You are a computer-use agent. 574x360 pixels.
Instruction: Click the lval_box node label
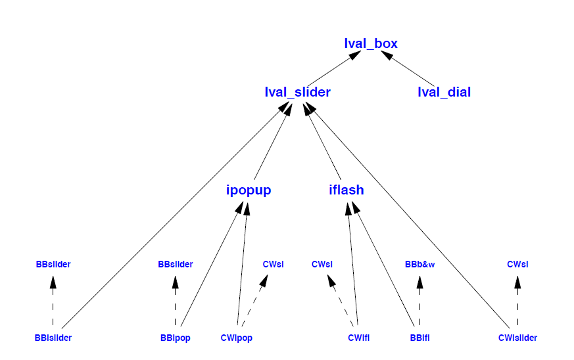pyautogui.click(x=371, y=44)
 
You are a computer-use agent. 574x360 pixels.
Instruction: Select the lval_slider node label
pyautogui.click(x=297, y=92)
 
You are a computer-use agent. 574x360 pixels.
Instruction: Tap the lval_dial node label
pyautogui.click(x=444, y=92)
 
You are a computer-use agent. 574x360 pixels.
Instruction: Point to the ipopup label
pyautogui.click(x=248, y=191)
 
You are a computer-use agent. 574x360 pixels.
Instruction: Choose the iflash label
pyautogui.click(x=346, y=191)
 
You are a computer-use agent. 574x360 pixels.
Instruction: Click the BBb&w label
pyautogui.click(x=419, y=265)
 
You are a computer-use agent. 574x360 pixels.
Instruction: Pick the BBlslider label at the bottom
pyautogui.click(x=53, y=338)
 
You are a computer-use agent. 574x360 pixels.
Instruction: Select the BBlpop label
pyautogui.click(x=175, y=338)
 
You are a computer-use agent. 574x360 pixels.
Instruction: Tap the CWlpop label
pyautogui.click(x=237, y=338)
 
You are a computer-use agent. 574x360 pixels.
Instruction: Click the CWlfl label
pyautogui.click(x=358, y=338)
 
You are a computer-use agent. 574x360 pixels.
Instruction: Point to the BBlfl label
pyautogui.click(x=419, y=338)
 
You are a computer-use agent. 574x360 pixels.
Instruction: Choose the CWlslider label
pyautogui.click(x=517, y=338)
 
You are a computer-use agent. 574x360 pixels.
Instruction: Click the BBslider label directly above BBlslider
pyautogui.click(x=53, y=265)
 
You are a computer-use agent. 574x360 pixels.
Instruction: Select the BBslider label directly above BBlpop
pyautogui.click(x=175, y=265)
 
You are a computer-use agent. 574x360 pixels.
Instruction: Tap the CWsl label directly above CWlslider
pyautogui.click(x=517, y=265)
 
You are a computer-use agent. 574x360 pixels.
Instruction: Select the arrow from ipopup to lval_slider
pyautogui.click(x=270, y=145)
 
